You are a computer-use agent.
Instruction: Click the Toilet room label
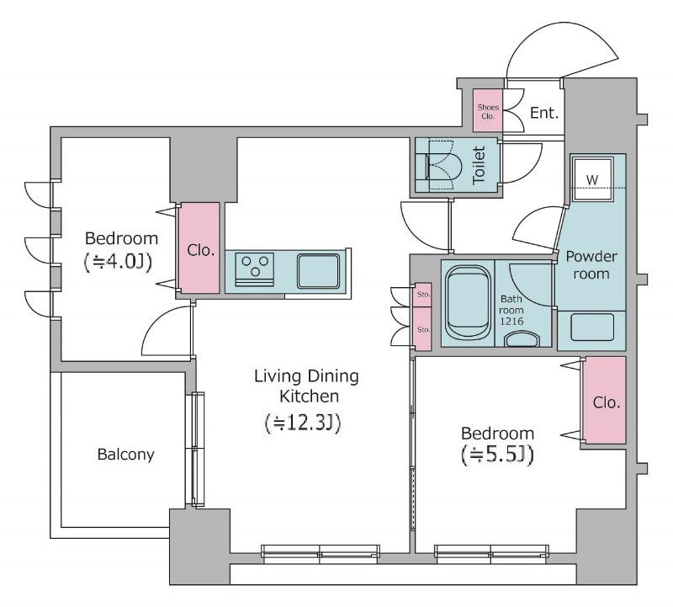click(x=478, y=165)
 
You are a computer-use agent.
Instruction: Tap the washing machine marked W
click(x=592, y=178)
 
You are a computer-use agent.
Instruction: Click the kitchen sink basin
click(x=318, y=271)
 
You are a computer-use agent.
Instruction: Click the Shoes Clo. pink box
click(x=488, y=110)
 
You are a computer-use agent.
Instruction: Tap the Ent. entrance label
click(x=544, y=113)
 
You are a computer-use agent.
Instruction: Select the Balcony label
click(x=125, y=455)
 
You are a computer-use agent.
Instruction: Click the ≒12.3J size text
click(x=303, y=423)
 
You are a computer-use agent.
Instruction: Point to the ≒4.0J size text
click(x=118, y=262)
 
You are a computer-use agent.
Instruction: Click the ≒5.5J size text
click(x=497, y=455)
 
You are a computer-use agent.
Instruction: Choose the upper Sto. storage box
click(x=423, y=295)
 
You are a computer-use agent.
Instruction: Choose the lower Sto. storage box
click(x=423, y=328)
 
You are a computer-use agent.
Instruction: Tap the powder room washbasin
click(x=592, y=327)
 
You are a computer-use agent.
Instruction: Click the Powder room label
click(x=591, y=264)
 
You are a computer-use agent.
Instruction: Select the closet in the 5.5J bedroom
click(x=605, y=401)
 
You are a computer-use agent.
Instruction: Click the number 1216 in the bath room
click(x=511, y=321)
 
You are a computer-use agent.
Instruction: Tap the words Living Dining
click(x=306, y=376)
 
